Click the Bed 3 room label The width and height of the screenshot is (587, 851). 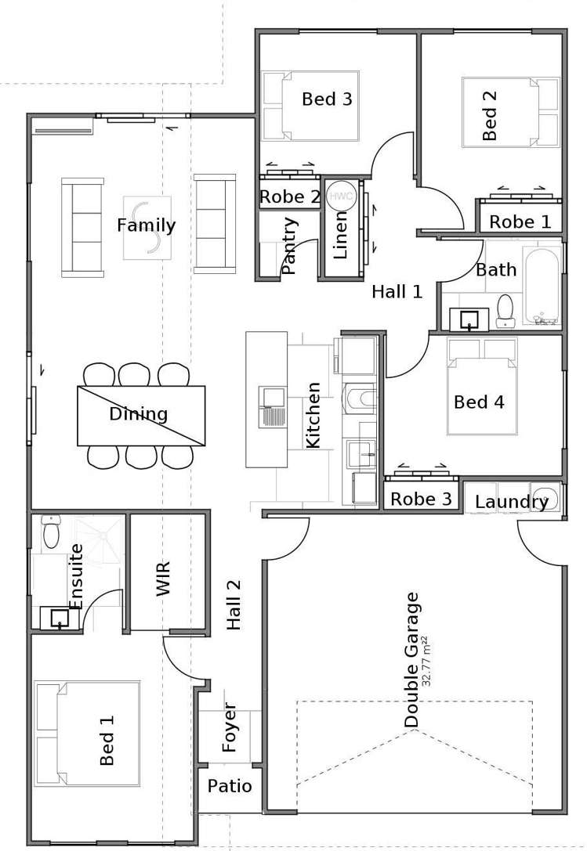(x=327, y=99)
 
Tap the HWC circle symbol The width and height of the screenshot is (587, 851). (x=341, y=196)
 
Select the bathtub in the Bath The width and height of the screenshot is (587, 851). (x=542, y=286)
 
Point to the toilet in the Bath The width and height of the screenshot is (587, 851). (x=505, y=311)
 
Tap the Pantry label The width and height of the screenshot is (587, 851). (x=289, y=245)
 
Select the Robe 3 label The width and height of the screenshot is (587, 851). (x=421, y=499)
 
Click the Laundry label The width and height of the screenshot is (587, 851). (x=512, y=502)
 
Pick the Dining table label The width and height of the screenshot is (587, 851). (x=139, y=414)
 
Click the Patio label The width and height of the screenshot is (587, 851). (x=230, y=786)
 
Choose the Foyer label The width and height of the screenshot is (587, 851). (x=230, y=728)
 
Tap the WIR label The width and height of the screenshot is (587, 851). (x=163, y=579)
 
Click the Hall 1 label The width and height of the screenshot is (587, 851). (x=397, y=292)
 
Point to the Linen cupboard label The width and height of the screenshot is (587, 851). (x=339, y=234)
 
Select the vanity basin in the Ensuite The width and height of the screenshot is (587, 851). (x=59, y=618)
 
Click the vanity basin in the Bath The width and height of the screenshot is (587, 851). (x=469, y=319)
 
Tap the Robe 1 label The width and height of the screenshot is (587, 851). (x=520, y=222)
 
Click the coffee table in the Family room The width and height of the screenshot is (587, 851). (x=147, y=228)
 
